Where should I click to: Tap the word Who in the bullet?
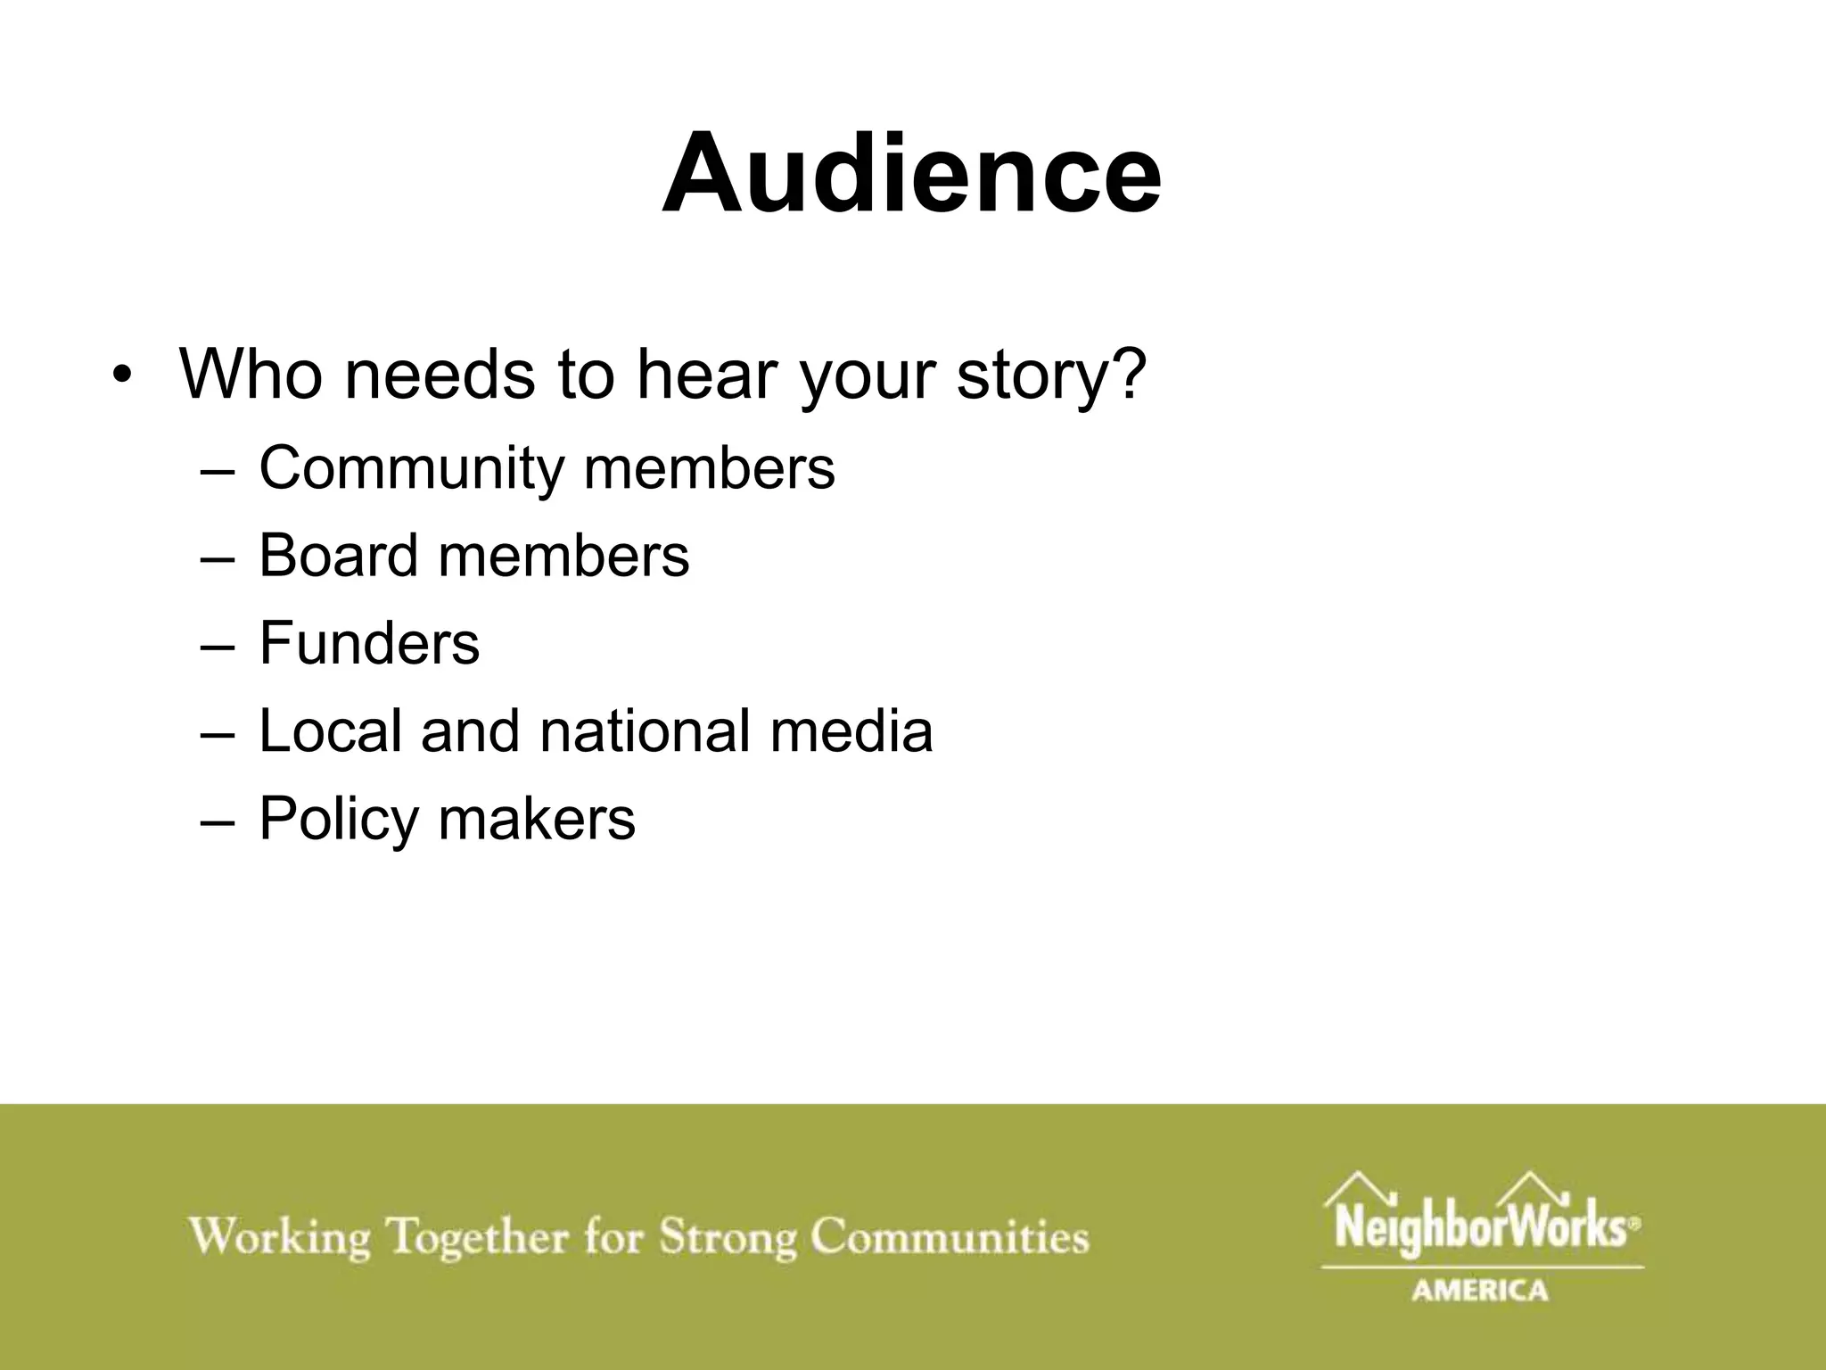(x=251, y=375)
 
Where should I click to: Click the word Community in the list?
(x=410, y=467)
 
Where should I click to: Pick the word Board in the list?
(x=338, y=555)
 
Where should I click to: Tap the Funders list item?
(x=369, y=642)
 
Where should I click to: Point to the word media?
(x=851, y=730)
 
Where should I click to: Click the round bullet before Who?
(x=122, y=376)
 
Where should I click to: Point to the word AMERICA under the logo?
(x=1480, y=1291)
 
